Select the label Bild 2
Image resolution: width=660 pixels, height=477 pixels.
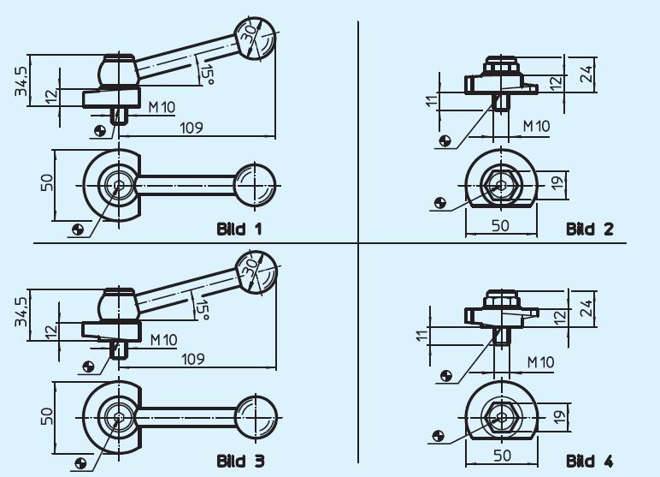coord(590,229)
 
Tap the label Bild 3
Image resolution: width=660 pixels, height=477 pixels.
coord(240,462)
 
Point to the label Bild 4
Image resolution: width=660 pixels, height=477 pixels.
coord(590,462)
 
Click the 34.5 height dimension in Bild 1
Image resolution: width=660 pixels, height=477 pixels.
coord(21,80)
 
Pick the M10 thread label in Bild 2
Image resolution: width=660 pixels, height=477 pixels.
coord(537,126)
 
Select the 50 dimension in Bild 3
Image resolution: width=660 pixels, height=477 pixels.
coord(48,415)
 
